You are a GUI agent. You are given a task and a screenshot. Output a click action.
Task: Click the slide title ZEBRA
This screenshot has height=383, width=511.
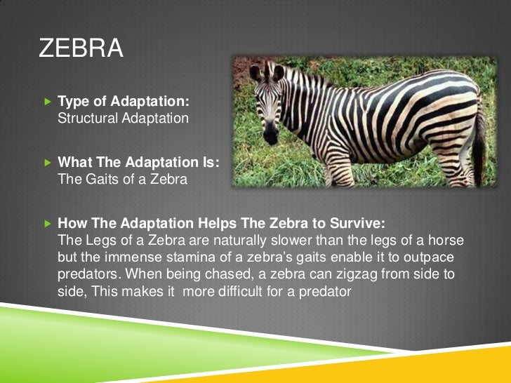[x=81, y=50]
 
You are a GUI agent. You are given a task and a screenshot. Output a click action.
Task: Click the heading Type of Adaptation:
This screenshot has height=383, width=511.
[x=123, y=102]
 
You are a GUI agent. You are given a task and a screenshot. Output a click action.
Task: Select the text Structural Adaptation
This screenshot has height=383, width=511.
[x=123, y=118]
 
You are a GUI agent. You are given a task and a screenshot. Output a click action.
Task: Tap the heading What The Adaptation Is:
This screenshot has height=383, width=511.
[x=138, y=163]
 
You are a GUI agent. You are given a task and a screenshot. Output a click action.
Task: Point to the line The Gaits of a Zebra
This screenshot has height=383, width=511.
[x=122, y=179]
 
